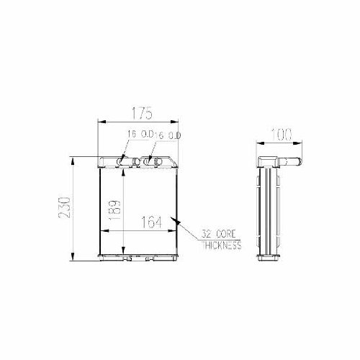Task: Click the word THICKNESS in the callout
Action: [x=221, y=246]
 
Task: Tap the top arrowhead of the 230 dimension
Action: [x=72, y=158]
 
